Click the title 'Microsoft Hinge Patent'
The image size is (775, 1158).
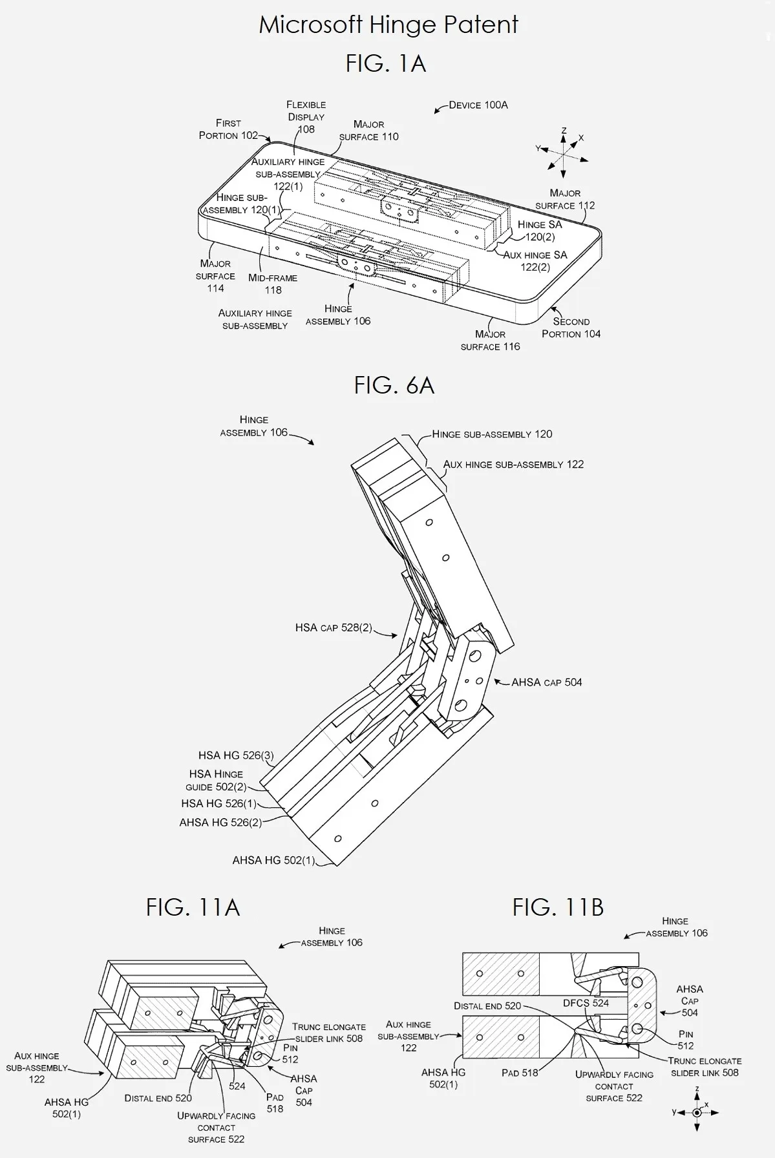click(x=388, y=25)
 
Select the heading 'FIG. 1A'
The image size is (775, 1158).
click(x=386, y=63)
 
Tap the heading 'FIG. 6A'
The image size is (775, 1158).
click(x=394, y=385)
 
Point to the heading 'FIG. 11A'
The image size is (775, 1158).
click(x=193, y=907)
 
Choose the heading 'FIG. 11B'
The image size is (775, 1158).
click(x=558, y=907)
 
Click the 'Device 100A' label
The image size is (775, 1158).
click(x=478, y=105)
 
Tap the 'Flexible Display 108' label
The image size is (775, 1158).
click(x=306, y=117)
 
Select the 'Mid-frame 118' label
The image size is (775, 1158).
click(x=273, y=284)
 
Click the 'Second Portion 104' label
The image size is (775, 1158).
click(x=571, y=328)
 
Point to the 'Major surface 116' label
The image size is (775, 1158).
click(x=490, y=340)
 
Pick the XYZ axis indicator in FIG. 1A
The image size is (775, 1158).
click(x=564, y=153)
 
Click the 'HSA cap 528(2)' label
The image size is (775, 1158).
click(x=334, y=627)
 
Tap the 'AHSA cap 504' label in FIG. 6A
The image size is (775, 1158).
click(x=546, y=682)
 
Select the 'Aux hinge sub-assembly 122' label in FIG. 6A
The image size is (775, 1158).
click(x=513, y=465)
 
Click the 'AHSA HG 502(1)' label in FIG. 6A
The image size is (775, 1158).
click(x=273, y=860)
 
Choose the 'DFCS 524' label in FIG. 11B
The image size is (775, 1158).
click(x=586, y=1003)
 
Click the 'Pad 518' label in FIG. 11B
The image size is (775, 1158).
click(x=520, y=1073)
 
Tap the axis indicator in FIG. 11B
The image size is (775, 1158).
click(x=696, y=1112)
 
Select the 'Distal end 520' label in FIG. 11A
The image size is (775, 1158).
click(x=158, y=1098)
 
